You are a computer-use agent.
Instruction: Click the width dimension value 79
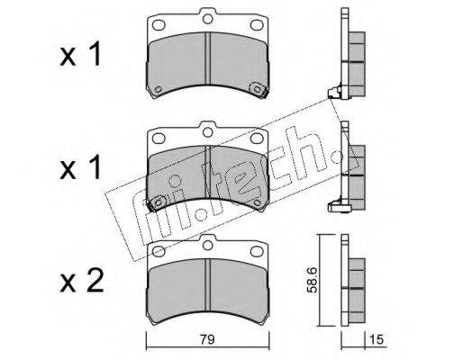click(x=207, y=340)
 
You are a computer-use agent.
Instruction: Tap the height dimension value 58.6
click(x=313, y=280)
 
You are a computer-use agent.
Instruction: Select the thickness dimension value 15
click(x=377, y=340)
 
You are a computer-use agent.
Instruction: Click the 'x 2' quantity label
click(x=82, y=281)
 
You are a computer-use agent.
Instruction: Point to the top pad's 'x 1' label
click(x=80, y=54)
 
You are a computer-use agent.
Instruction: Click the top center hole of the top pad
click(x=207, y=19)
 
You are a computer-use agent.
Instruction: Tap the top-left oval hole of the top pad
click(x=159, y=25)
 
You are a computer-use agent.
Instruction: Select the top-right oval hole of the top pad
click(x=257, y=25)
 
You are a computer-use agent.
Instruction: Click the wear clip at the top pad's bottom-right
click(x=259, y=89)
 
